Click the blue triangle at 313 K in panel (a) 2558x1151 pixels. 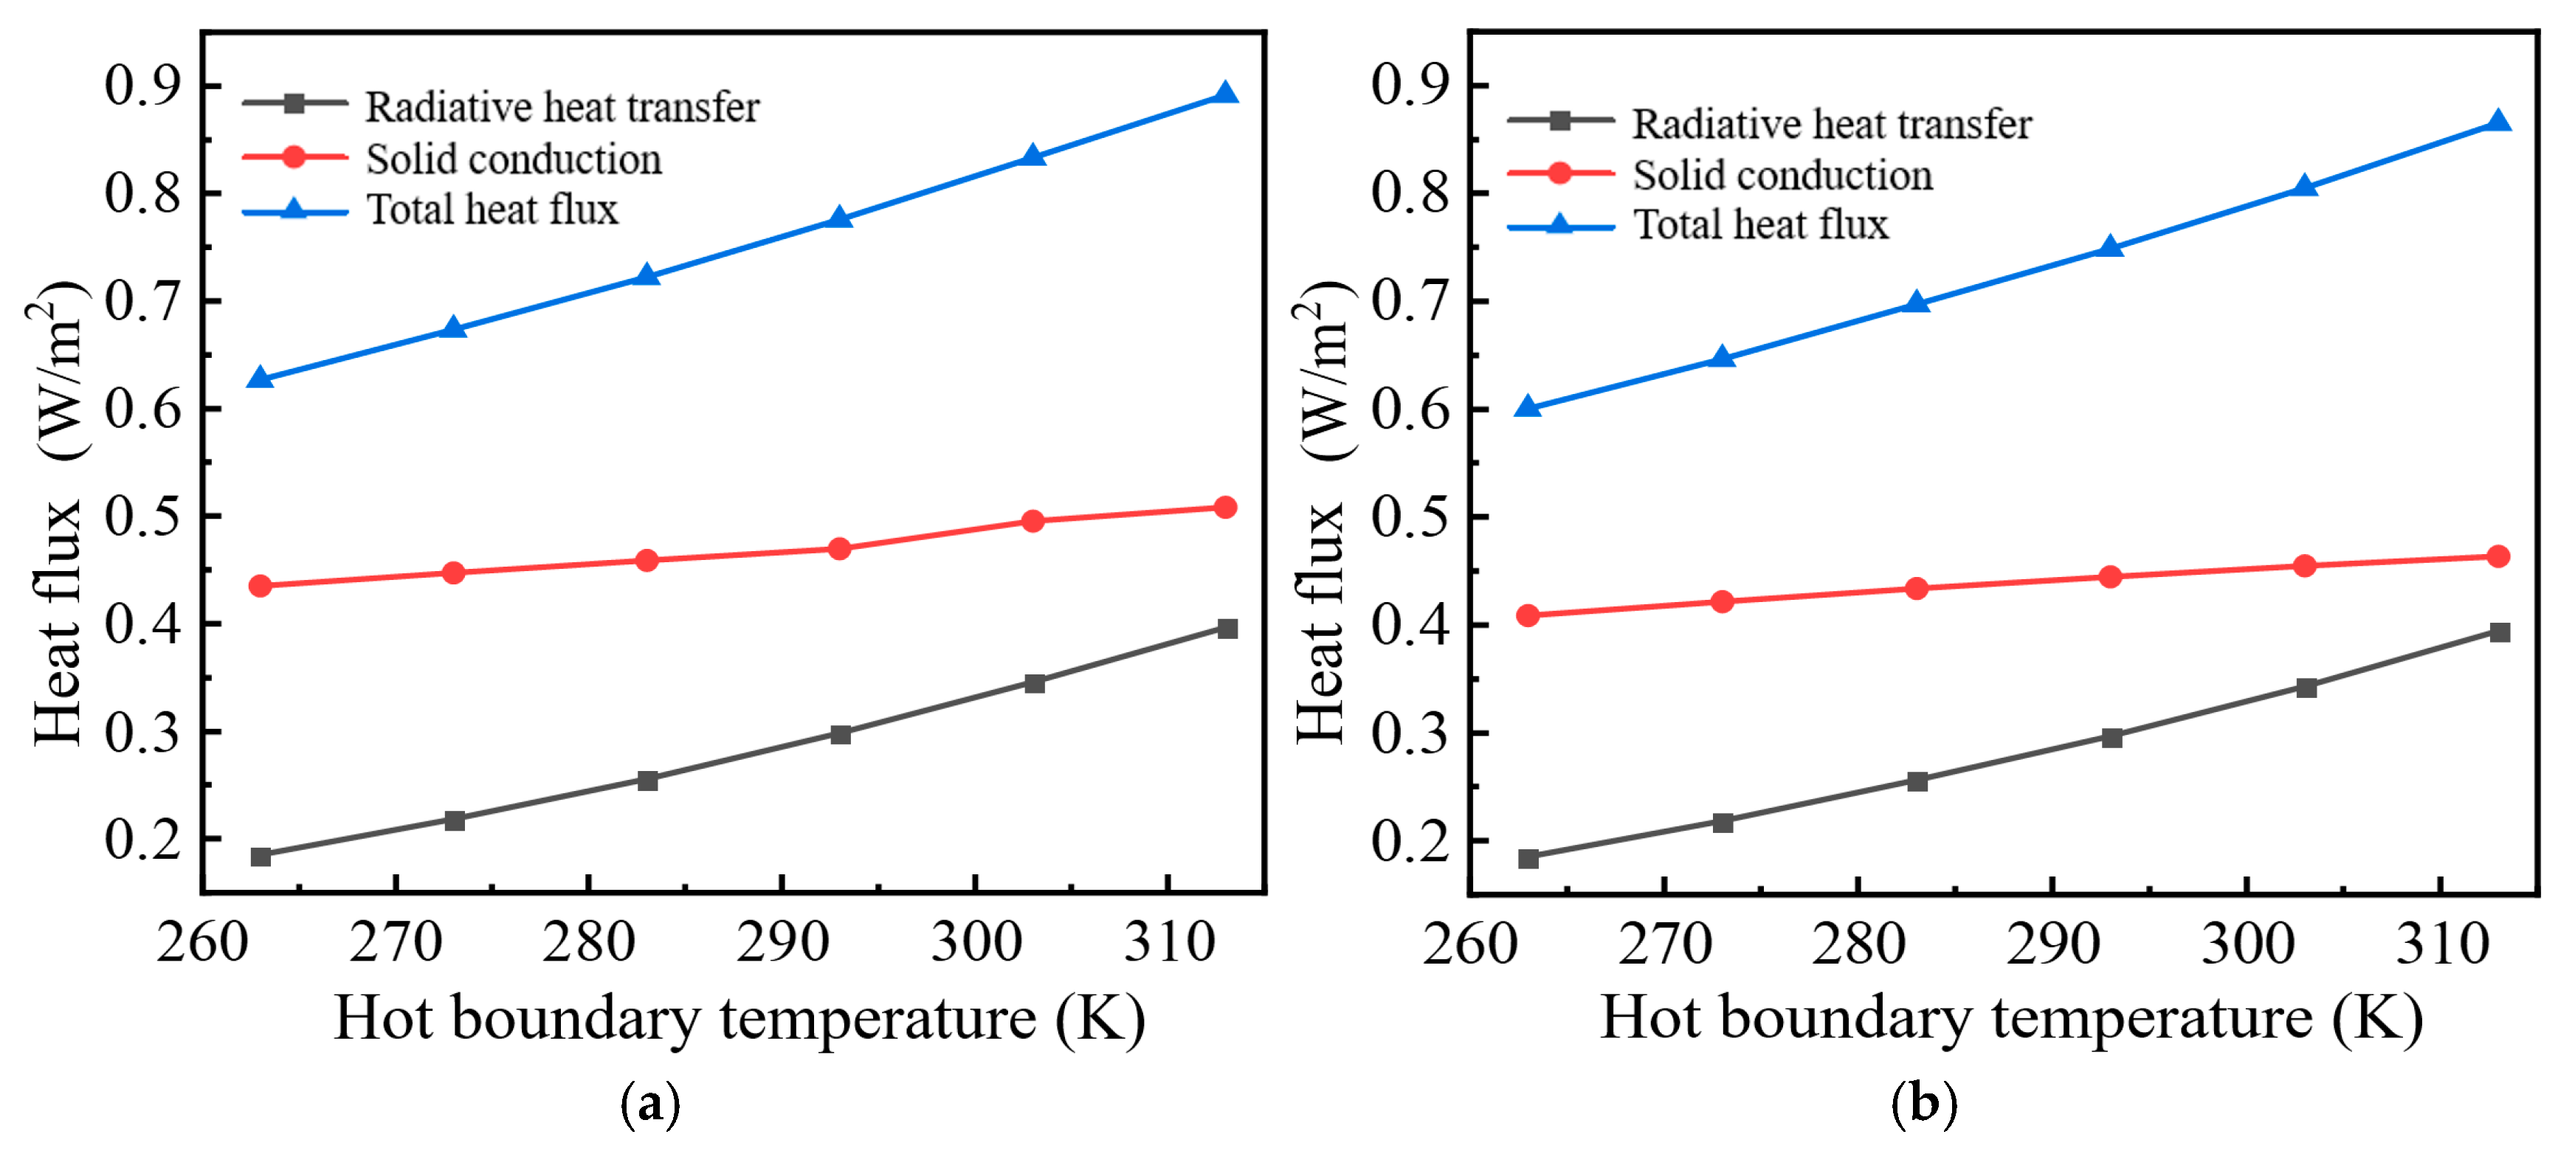(x=1225, y=94)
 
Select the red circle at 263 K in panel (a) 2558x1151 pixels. (x=261, y=586)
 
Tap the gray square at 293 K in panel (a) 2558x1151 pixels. (x=840, y=734)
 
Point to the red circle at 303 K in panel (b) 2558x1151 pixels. (x=2305, y=566)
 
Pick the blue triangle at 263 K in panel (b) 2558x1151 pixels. (x=1528, y=407)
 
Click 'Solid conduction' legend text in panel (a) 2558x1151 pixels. (x=514, y=159)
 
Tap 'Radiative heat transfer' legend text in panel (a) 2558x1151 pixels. (x=562, y=107)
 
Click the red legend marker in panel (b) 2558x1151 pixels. (x=1560, y=174)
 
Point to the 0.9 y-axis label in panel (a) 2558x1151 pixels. (x=144, y=86)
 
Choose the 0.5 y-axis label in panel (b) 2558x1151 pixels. (x=1411, y=516)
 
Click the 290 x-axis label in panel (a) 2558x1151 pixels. (x=782, y=941)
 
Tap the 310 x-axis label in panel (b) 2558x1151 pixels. (x=2443, y=941)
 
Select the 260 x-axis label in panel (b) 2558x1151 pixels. (x=1469, y=941)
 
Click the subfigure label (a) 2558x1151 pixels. (x=650, y=1103)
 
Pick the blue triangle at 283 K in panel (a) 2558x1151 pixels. (x=647, y=275)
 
